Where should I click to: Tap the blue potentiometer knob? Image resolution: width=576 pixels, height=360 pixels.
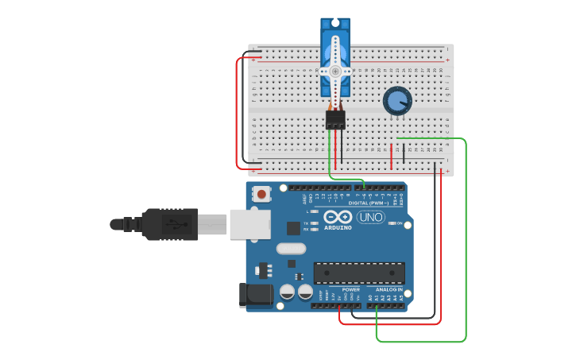coord(397,101)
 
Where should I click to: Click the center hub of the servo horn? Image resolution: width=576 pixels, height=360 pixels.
coord(335,71)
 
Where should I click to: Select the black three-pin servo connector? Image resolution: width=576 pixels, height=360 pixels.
coord(335,119)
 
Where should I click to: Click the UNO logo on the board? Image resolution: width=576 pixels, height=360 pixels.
coord(370,217)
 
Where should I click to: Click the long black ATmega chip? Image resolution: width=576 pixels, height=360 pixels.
coord(359,273)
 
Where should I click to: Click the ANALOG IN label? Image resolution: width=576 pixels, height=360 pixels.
coord(389,289)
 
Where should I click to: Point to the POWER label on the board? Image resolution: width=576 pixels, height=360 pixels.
coord(350,289)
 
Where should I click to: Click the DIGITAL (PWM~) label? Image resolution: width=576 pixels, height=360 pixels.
coord(369,203)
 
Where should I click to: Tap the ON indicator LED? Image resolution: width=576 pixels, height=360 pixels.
coord(391,223)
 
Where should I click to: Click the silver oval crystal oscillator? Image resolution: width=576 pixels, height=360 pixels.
coord(292,248)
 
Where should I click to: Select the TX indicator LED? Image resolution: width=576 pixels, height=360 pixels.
coord(315,223)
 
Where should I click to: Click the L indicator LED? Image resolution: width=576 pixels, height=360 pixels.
coord(315,211)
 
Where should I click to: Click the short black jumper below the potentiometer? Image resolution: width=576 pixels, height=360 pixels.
coord(403,153)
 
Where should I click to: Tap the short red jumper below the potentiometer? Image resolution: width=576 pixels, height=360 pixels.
coord(391,156)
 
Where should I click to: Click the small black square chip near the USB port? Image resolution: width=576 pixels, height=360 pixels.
coord(293,228)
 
